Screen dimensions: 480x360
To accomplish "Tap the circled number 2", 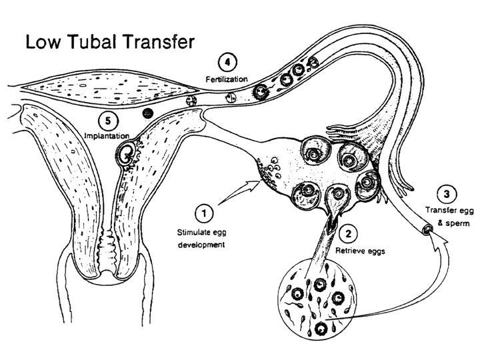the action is click(347, 233).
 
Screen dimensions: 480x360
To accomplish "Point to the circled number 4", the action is click(227, 64).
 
